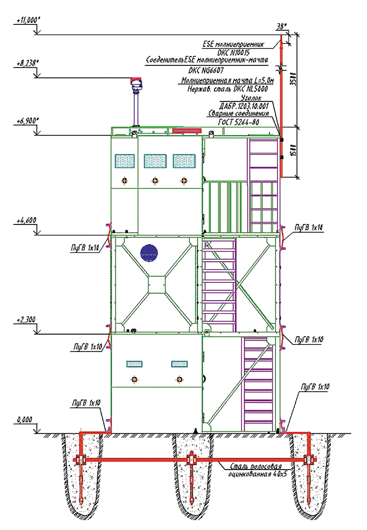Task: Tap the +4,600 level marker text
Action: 26,220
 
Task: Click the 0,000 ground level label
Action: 24,419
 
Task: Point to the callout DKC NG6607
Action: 207,70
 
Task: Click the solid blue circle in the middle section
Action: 149,251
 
